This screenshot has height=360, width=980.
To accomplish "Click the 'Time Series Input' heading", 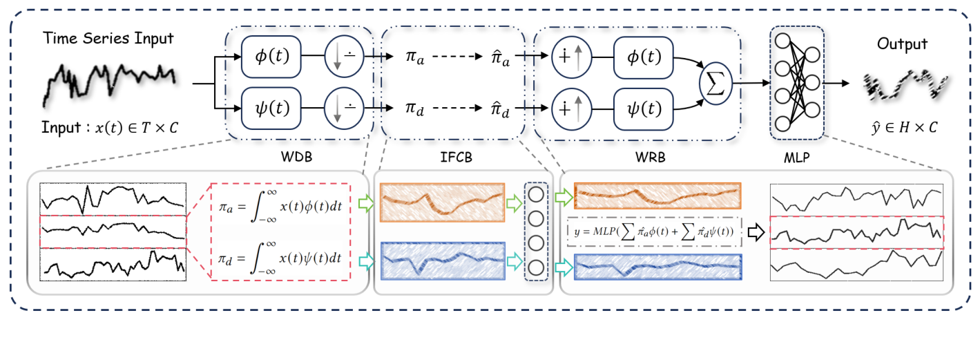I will click(x=109, y=39).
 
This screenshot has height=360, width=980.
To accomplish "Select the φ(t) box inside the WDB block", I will click(x=271, y=57).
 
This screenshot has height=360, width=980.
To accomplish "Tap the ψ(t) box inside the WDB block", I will click(x=271, y=108).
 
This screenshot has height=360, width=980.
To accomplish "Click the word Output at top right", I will click(x=902, y=44).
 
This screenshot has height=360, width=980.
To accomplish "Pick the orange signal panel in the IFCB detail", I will click(x=442, y=202).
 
